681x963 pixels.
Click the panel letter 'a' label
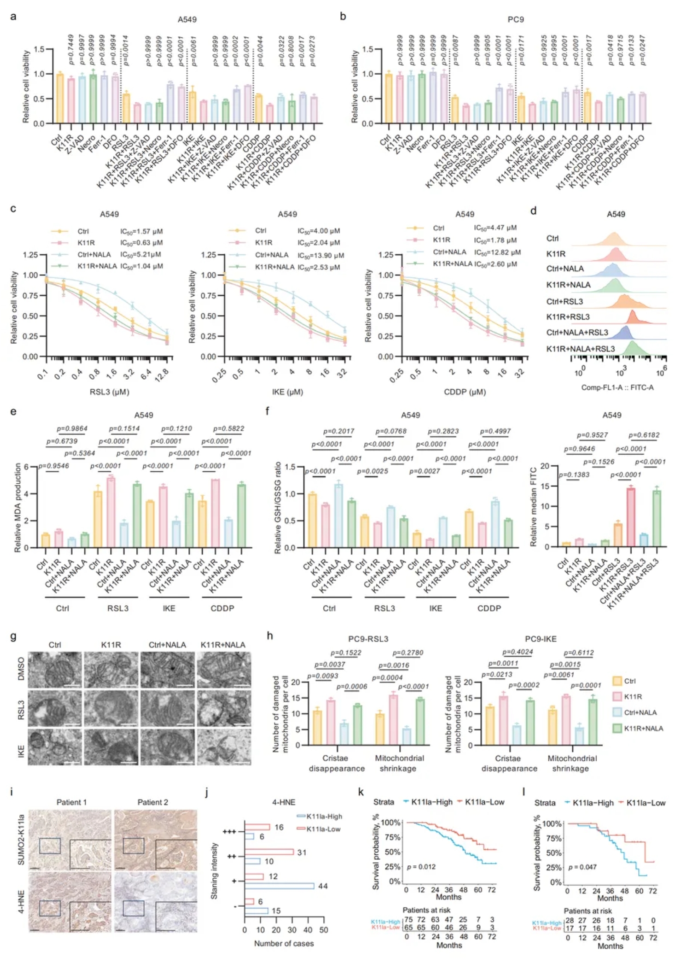[x=13, y=17]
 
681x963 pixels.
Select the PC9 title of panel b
[x=515, y=19]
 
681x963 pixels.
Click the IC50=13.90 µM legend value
[x=321, y=255]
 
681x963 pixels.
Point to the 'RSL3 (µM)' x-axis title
[x=109, y=392]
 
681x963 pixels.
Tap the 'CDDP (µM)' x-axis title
[x=465, y=392]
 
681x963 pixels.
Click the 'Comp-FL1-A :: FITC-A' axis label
[x=617, y=388]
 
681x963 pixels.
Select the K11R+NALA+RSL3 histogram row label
[x=580, y=349]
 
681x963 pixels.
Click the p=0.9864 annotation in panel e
[x=72, y=429]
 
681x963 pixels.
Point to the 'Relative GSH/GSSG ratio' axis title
[x=278, y=507]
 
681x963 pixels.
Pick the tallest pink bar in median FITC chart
[x=631, y=517]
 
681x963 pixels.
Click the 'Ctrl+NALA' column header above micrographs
[x=167, y=645]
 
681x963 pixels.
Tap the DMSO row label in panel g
[x=21, y=670]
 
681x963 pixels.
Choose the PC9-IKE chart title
[x=541, y=639]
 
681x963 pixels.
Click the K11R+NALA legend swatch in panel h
[x=617, y=728]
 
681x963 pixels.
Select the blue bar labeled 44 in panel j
[x=279, y=886]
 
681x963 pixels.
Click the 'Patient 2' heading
[x=152, y=802]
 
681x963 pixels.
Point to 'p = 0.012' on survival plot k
[x=421, y=867]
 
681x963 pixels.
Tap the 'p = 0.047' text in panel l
[x=582, y=867]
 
